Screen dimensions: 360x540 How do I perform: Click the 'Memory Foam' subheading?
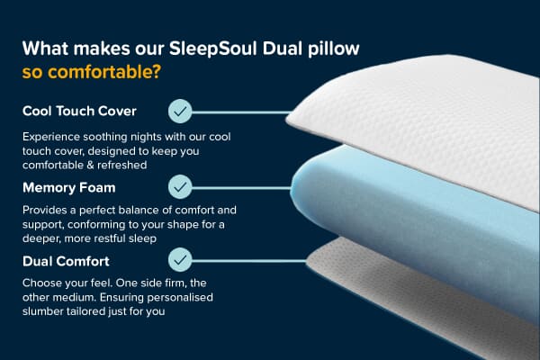point(69,187)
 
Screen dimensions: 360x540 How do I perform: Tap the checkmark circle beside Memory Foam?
point(181,187)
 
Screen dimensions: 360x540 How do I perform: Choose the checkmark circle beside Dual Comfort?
point(181,261)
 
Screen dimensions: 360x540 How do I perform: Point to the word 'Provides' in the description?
point(47,210)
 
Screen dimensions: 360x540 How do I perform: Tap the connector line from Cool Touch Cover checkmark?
point(238,112)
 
